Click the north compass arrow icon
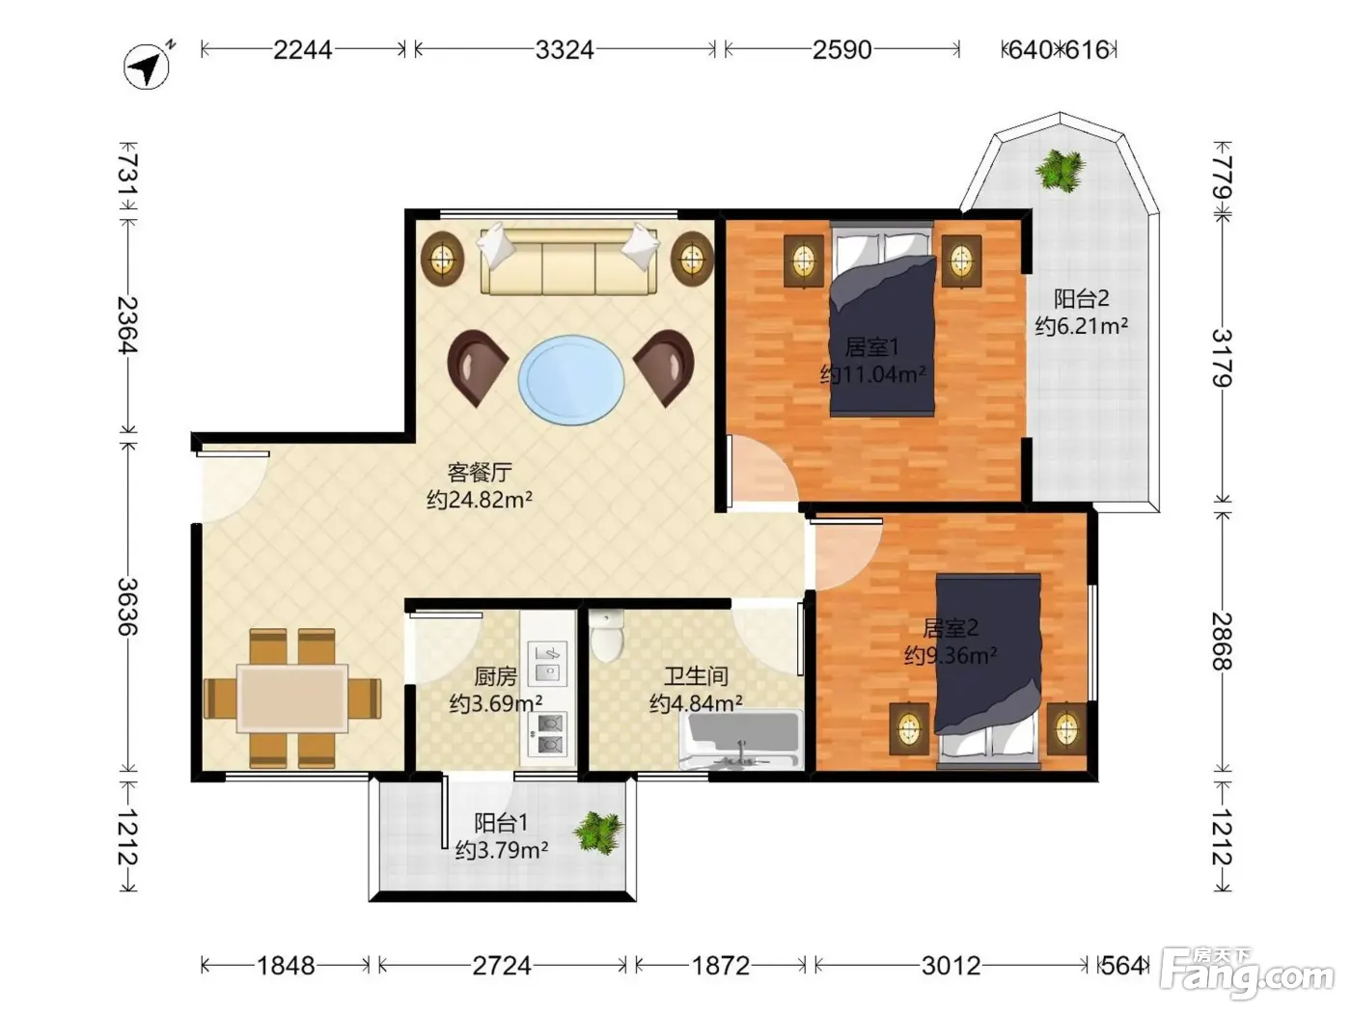pos(147,67)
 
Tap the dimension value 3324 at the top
pos(565,50)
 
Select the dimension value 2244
pos(303,50)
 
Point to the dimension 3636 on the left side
pos(128,607)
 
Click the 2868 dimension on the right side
pos(1222,641)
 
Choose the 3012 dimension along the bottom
pos(951,967)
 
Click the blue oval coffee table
pos(571,380)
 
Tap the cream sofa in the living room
pos(568,260)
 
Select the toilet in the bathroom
pos(607,636)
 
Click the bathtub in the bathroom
pos(741,741)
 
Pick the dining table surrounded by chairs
pos(292,698)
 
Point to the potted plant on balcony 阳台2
pos(1060,171)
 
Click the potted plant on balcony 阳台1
pos(598,834)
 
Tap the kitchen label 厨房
pos(495,676)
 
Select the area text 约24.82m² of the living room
pos(480,500)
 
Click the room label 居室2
pos(951,628)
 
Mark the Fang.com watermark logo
pos(1247,973)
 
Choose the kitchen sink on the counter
pos(547,663)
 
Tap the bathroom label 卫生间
pos(696,676)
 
